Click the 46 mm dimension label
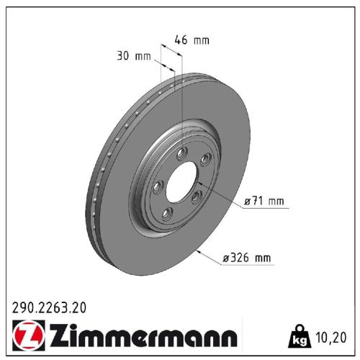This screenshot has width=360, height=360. click(192, 40)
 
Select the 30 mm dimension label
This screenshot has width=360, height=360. click(132, 55)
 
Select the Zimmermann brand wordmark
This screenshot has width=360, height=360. click(141, 337)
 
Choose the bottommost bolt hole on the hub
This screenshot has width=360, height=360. click(167, 211)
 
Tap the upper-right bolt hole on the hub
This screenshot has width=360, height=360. click(204, 159)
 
